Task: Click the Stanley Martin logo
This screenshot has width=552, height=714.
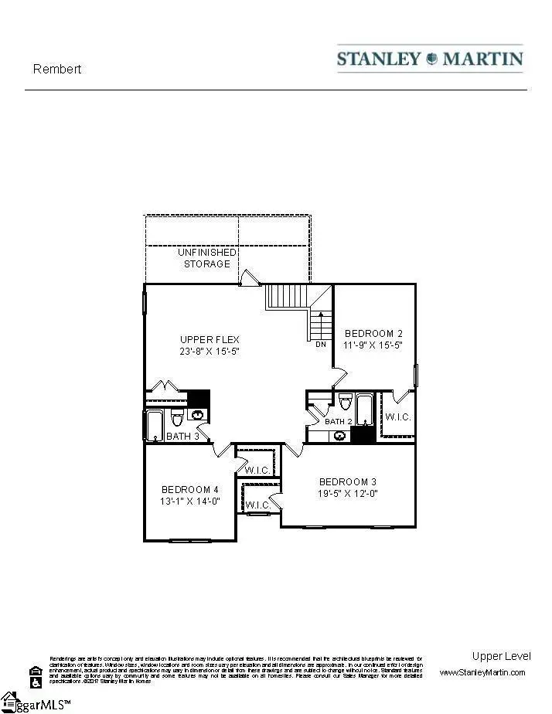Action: (x=430, y=59)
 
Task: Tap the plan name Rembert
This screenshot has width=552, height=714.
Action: (x=57, y=69)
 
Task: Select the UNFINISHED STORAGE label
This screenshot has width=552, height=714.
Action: (x=206, y=258)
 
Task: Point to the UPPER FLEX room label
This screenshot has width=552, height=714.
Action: (x=210, y=339)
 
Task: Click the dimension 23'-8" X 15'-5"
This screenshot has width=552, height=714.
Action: (x=210, y=351)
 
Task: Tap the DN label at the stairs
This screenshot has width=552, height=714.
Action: (x=320, y=345)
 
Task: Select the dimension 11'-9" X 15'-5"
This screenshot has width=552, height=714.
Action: (x=373, y=345)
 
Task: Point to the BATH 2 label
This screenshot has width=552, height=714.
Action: (x=339, y=422)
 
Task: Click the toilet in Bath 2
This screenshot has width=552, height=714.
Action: (x=346, y=403)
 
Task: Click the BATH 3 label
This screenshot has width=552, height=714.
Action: (x=182, y=437)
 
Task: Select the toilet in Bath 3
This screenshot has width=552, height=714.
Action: (x=176, y=418)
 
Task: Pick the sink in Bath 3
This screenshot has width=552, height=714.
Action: (x=199, y=416)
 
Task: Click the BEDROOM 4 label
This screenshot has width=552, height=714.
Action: (x=189, y=489)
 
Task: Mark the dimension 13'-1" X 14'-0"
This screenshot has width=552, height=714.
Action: (x=189, y=501)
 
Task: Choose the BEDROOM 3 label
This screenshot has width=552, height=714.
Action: (x=348, y=481)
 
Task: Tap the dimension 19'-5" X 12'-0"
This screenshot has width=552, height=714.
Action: (x=348, y=493)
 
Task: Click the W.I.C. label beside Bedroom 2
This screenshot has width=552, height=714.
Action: (x=397, y=417)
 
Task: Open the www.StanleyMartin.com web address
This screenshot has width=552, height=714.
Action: (x=482, y=672)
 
